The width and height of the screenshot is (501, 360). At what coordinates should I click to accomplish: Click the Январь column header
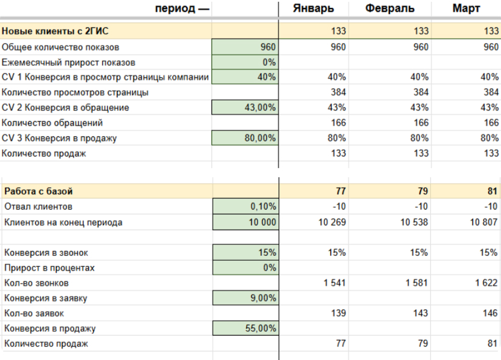[313, 9]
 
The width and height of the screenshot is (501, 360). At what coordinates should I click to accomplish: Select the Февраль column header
[390, 9]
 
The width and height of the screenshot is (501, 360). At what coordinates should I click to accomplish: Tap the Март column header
[466, 9]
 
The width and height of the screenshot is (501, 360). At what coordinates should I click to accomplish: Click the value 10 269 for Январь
[332, 222]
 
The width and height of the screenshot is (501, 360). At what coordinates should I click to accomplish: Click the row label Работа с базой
[39, 192]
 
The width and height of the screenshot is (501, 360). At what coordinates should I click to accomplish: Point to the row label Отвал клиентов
[38, 207]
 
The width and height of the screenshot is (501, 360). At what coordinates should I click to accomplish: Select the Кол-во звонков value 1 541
[333, 283]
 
